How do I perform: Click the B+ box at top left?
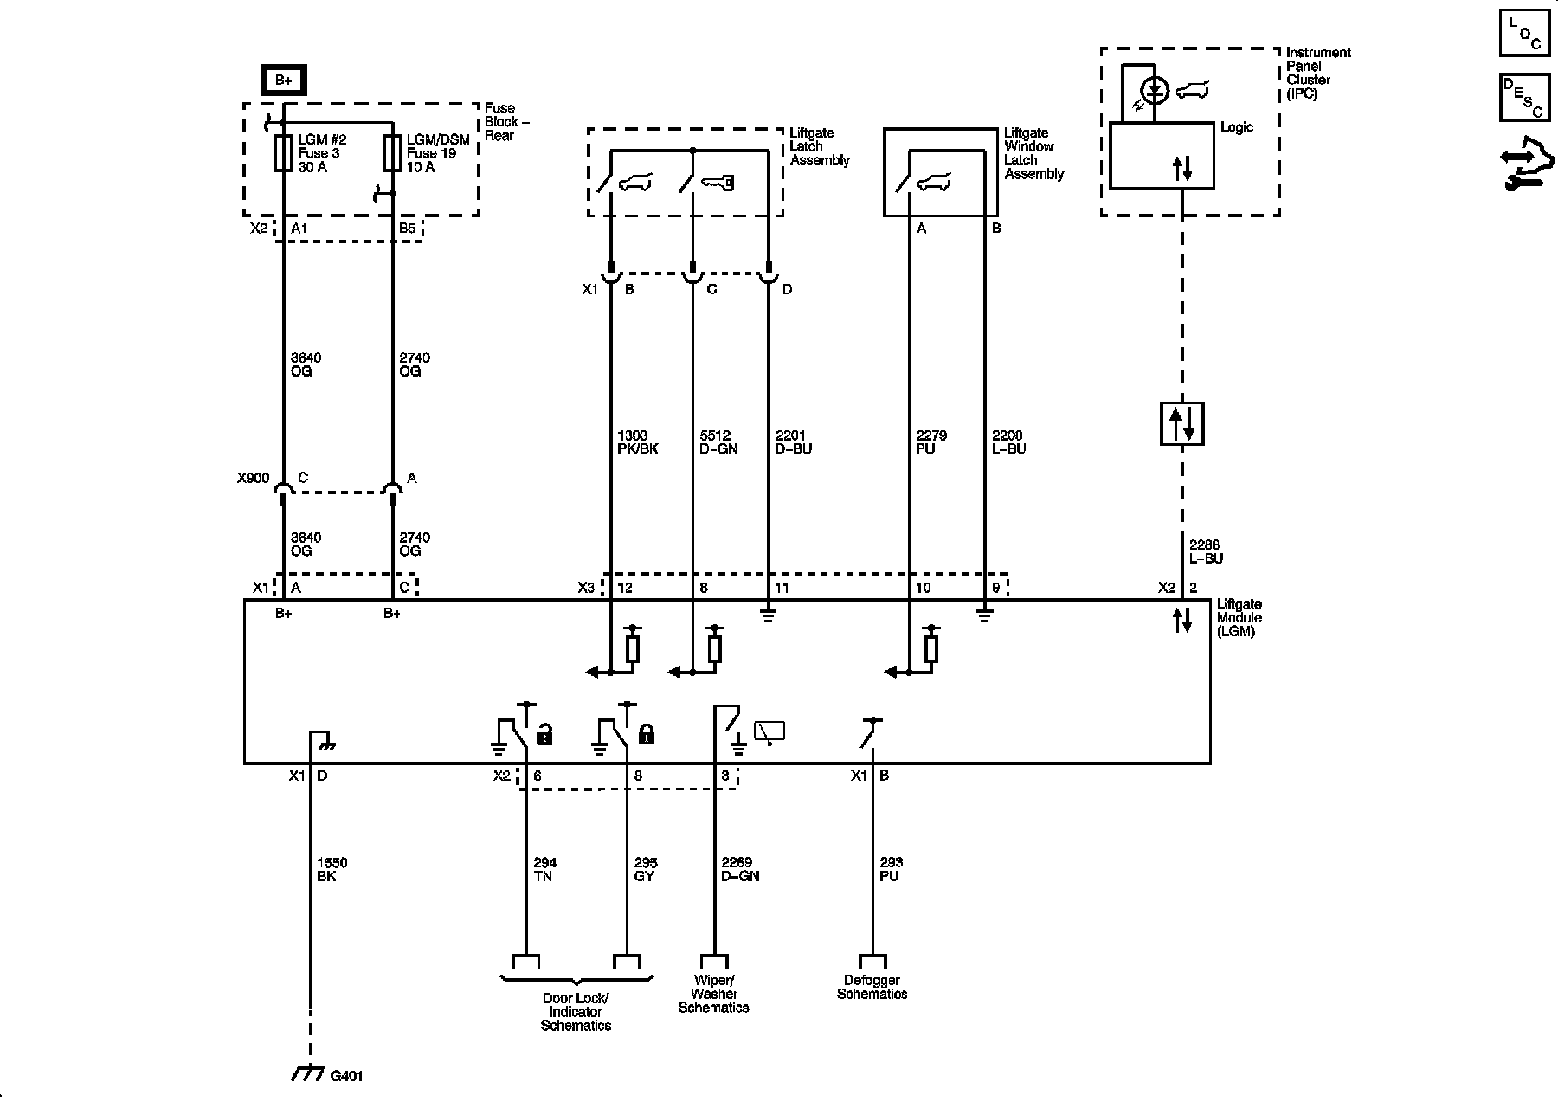[x=284, y=81]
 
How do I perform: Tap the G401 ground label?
[x=346, y=1077]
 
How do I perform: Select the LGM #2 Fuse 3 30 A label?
[x=319, y=153]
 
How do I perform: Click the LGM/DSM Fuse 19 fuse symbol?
[x=392, y=152]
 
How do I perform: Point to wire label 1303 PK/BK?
[x=638, y=442]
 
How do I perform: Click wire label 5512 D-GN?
[x=718, y=442]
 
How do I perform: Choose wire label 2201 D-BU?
[x=794, y=442]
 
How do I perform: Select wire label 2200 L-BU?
[x=1008, y=442]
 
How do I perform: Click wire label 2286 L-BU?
[x=1206, y=551]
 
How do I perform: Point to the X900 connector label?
[x=253, y=478]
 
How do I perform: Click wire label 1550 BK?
[x=332, y=869]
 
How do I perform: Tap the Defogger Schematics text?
[x=872, y=987]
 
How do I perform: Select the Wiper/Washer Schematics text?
[x=714, y=994]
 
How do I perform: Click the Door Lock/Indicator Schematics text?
[x=576, y=1011]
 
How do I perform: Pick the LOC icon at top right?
[x=1523, y=34]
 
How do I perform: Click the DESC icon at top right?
[x=1523, y=96]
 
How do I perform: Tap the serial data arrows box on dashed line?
[x=1182, y=423]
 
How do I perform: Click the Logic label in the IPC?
[x=1236, y=127]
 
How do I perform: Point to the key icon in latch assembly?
[x=718, y=183]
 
